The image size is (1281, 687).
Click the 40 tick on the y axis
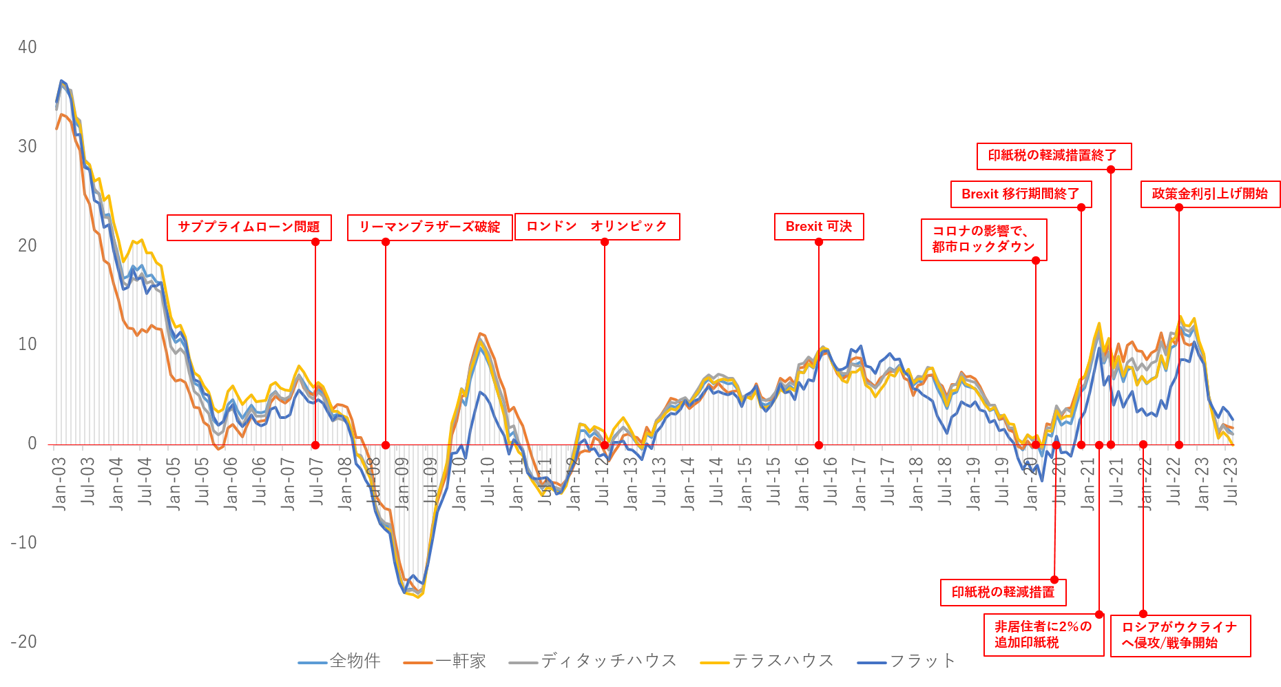(x=28, y=48)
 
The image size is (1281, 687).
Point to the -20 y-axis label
(x=24, y=642)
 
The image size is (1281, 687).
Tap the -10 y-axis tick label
(x=24, y=542)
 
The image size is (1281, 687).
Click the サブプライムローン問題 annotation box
(x=249, y=227)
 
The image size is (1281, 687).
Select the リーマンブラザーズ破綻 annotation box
(x=429, y=227)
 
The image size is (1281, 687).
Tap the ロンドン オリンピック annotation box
(x=597, y=227)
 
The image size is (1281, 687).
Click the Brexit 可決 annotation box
(x=819, y=227)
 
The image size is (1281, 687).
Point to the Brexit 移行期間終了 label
(x=1021, y=194)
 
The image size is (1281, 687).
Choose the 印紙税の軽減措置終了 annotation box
(x=1053, y=156)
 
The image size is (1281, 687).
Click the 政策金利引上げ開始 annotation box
(x=1210, y=194)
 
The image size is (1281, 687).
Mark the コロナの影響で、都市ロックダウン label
(x=983, y=240)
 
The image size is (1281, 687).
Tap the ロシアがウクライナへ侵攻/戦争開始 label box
(x=1180, y=635)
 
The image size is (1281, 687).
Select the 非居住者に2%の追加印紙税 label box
(x=1043, y=635)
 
